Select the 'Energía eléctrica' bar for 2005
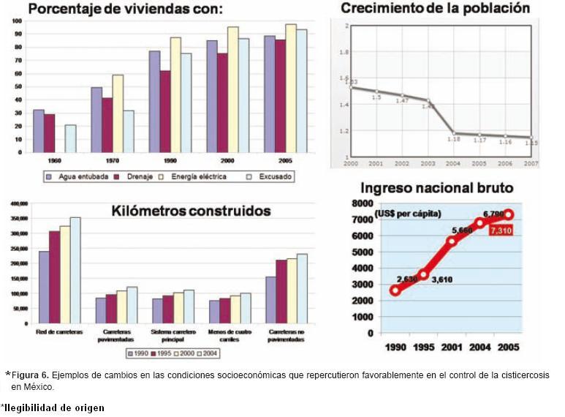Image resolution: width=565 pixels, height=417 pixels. [291, 88]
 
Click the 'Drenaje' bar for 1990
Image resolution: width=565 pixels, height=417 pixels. [165, 111]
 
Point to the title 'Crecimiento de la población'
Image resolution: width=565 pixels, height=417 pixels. [436, 9]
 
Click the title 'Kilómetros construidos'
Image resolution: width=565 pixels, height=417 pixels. [191, 211]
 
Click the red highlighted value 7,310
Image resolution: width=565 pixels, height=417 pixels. [502, 230]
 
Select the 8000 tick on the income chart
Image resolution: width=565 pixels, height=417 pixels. [362, 203]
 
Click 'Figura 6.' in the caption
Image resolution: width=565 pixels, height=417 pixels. [31, 375]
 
